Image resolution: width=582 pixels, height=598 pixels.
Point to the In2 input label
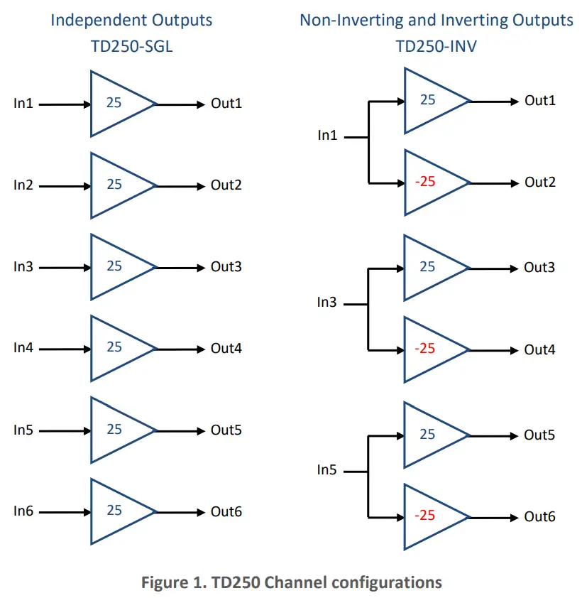[23, 185]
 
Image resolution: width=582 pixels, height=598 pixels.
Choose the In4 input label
[23, 349]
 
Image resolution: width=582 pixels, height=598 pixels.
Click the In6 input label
[23, 511]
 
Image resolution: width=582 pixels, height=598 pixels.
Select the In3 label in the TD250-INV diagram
[327, 303]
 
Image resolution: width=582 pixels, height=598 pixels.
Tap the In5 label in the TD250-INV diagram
[327, 470]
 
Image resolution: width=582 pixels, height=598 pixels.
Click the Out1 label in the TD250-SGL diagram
[226, 104]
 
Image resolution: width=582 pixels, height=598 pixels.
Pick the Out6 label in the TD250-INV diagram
[539, 517]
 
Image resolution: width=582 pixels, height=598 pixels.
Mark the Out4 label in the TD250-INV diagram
[539, 350]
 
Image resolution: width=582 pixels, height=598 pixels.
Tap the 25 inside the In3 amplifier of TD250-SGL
[114, 266]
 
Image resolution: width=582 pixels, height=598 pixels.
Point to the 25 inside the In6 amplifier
[114, 511]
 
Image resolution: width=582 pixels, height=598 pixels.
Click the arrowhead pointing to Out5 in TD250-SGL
[201, 430]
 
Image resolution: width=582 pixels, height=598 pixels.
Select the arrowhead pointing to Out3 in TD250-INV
[515, 268]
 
